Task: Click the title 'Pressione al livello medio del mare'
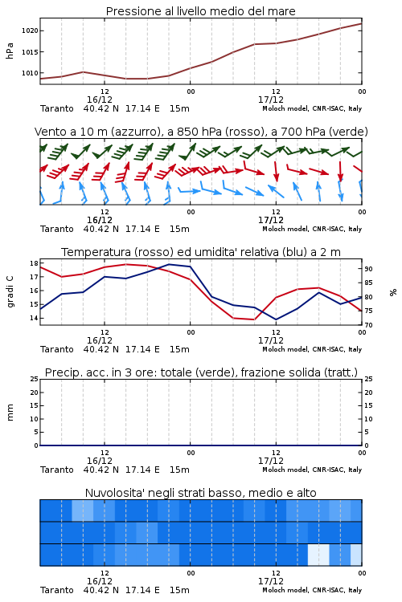click(200, 11)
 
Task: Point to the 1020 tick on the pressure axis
click(30, 31)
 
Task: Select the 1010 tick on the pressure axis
click(30, 73)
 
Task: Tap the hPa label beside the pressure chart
click(10, 51)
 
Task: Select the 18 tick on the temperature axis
click(34, 263)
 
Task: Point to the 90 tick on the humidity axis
click(368, 269)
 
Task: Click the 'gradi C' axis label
click(10, 291)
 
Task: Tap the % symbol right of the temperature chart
click(393, 292)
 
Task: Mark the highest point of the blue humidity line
click(169, 264)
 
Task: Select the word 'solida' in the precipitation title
click(303, 372)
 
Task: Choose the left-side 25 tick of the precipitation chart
click(35, 379)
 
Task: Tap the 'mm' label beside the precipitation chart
click(10, 413)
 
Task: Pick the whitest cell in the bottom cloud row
click(318, 555)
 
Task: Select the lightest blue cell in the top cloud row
click(83, 510)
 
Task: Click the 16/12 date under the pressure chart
click(100, 100)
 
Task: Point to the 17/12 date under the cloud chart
click(271, 581)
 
